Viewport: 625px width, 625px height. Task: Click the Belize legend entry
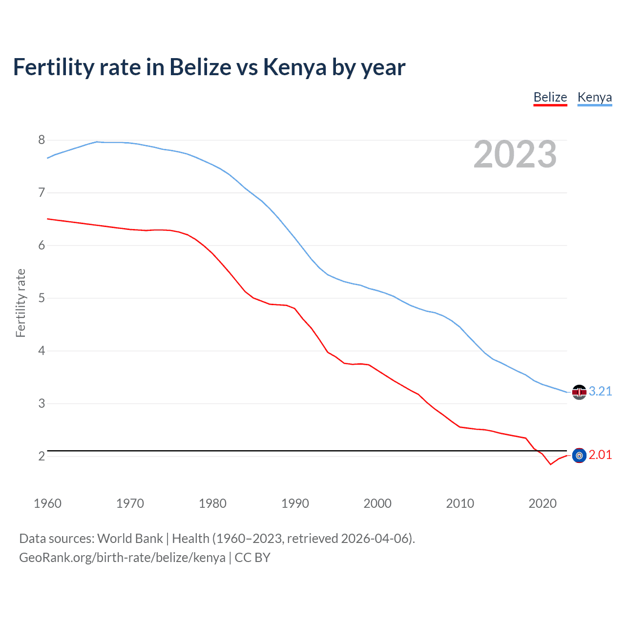550,97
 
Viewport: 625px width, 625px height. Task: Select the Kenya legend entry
594,97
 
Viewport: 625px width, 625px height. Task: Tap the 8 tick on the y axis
42,140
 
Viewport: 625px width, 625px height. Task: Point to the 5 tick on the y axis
42,298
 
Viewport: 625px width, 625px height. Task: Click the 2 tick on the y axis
42,456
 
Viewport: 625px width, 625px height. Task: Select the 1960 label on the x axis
47,503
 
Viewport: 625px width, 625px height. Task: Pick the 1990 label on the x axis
295,503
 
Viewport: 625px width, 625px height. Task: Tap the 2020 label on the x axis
542,503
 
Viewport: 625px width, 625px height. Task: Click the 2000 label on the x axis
377,503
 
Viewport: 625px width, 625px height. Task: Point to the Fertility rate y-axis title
21,303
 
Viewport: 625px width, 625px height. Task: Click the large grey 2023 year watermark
515,154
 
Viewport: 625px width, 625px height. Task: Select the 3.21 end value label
600,391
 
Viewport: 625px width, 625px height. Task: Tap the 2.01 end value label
600,455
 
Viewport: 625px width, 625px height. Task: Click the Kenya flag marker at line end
579,392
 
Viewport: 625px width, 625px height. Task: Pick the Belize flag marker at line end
579,456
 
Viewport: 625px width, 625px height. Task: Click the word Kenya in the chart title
294,67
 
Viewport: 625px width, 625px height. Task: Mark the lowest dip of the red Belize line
550,464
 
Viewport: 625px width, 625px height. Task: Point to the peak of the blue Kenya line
97,142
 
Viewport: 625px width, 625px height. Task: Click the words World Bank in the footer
130,539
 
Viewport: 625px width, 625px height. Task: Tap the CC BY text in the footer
252,558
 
